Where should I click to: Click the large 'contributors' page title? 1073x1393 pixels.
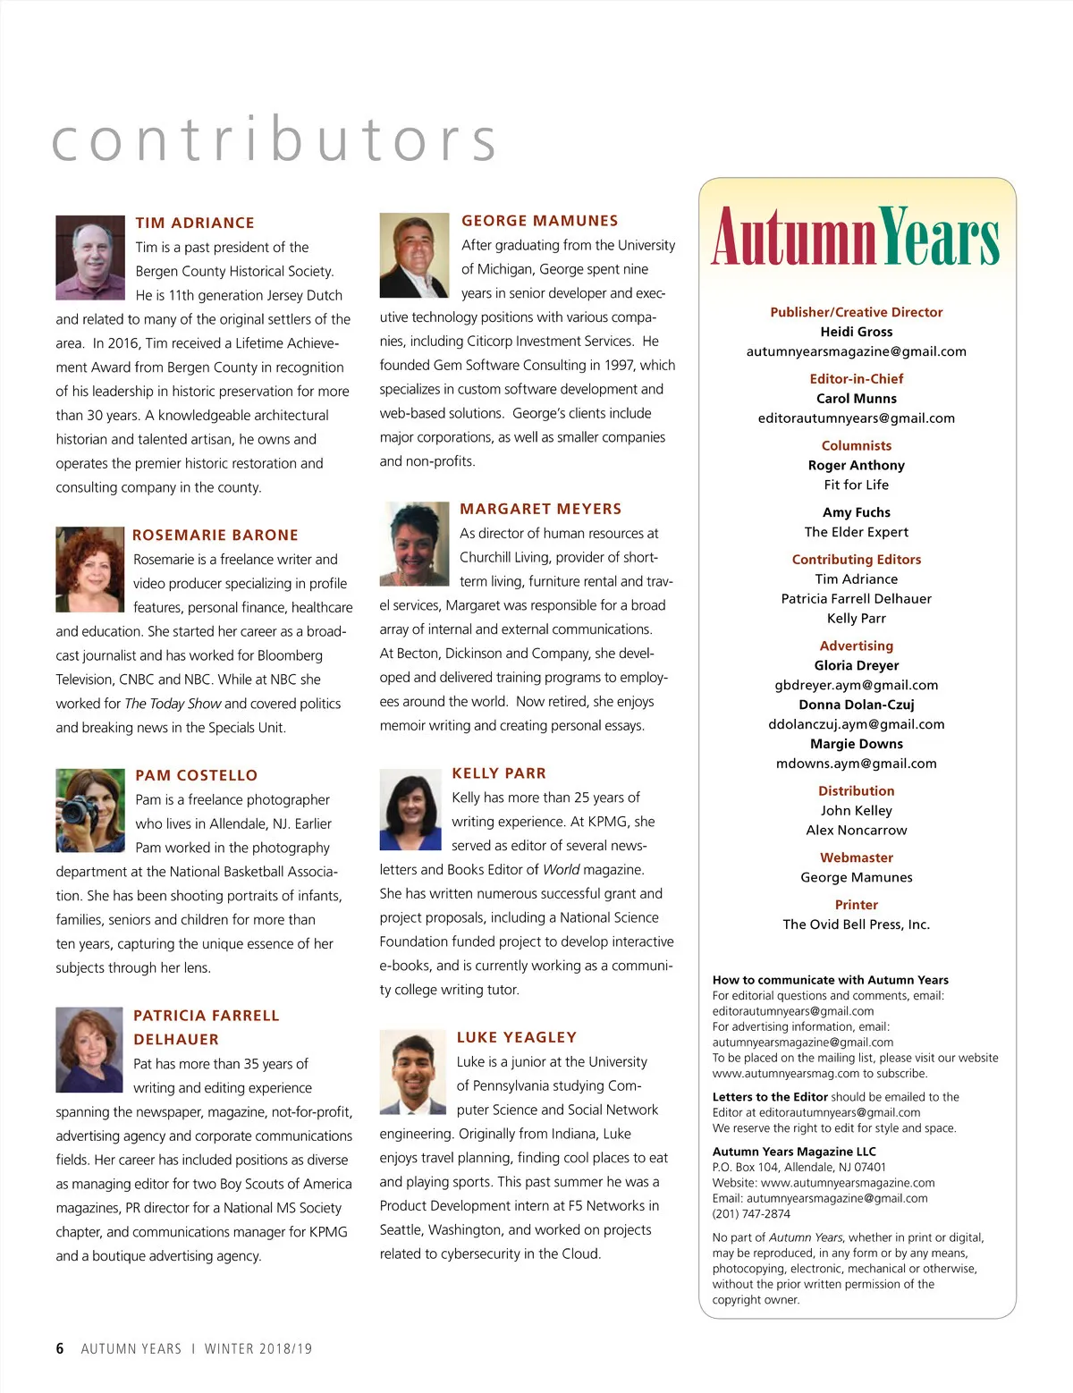[x=274, y=139]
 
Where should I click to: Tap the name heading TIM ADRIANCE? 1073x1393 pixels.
[x=195, y=223]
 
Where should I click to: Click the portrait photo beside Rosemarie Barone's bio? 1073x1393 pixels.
[x=89, y=570]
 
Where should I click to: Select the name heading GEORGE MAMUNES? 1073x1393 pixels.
[x=539, y=221]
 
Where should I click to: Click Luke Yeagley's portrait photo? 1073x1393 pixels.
[x=412, y=1071]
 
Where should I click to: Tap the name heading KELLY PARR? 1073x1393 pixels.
[x=499, y=773]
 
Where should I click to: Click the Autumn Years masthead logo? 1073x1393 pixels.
[x=856, y=238]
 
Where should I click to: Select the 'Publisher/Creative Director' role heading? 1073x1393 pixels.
[x=856, y=312]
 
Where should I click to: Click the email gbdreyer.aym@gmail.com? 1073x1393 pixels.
[x=856, y=685]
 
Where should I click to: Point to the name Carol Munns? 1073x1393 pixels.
[x=856, y=399]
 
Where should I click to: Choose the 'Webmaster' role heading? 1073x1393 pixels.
[x=856, y=857]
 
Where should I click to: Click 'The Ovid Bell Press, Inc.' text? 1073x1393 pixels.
[x=856, y=924]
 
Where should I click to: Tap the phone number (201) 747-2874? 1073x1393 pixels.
[x=751, y=1213]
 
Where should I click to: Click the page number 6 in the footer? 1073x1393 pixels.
[x=60, y=1348]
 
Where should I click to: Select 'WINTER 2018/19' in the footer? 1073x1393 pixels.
[x=258, y=1348]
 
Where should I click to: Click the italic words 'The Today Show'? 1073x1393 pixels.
[x=173, y=704]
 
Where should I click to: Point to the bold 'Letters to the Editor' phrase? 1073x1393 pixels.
[x=770, y=1097]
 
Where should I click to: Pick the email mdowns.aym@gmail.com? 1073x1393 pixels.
[x=856, y=764]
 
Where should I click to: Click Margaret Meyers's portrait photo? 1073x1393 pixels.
[x=414, y=544]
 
